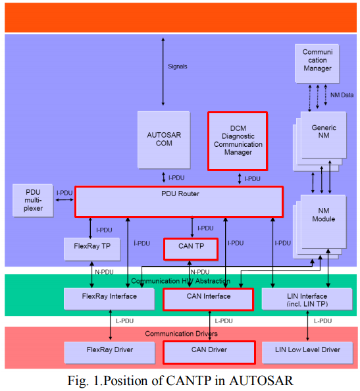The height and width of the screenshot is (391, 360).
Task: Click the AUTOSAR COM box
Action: tap(163, 139)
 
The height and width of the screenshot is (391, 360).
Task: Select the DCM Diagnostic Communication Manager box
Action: tap(238, 140)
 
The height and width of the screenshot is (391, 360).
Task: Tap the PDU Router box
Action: tap(179, 201)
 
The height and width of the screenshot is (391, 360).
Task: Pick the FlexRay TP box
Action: tap(92, 248)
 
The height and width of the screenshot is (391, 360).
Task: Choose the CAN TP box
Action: tap(191, 249)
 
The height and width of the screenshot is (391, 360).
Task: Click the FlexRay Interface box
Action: tap(109, 298)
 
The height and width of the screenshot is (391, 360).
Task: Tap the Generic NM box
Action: tap(322, 132)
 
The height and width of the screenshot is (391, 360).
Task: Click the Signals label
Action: tap(178, 66)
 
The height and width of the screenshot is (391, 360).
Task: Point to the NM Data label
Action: tap(342, 95)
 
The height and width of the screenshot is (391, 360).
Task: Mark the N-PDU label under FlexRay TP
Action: tap(104, 272)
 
